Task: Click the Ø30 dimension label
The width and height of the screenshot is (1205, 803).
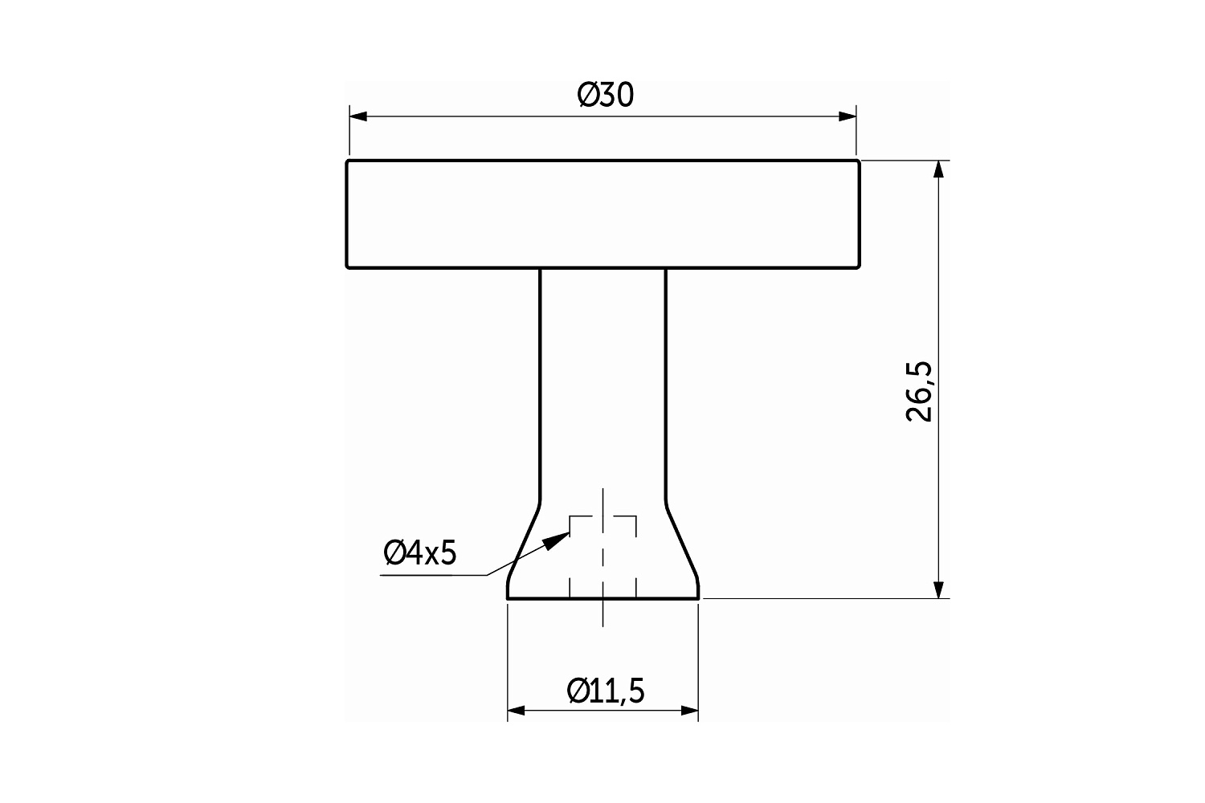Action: [605, 96]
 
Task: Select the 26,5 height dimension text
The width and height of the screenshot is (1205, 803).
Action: [919, 392]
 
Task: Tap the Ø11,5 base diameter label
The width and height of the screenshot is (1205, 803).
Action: [605, 691]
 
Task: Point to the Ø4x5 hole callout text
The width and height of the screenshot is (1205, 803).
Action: [419, 552]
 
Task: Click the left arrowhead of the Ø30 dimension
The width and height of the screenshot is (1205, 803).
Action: [358, 116]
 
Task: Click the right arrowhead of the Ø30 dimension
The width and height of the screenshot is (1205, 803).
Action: [848, 116]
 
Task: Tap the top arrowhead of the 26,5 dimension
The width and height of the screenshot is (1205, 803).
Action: [939, 169]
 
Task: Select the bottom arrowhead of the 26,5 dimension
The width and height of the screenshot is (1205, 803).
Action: [939, 589]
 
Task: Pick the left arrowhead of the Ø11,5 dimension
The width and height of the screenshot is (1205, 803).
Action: [516, 711]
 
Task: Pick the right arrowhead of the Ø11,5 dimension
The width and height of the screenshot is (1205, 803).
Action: [689, 711]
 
